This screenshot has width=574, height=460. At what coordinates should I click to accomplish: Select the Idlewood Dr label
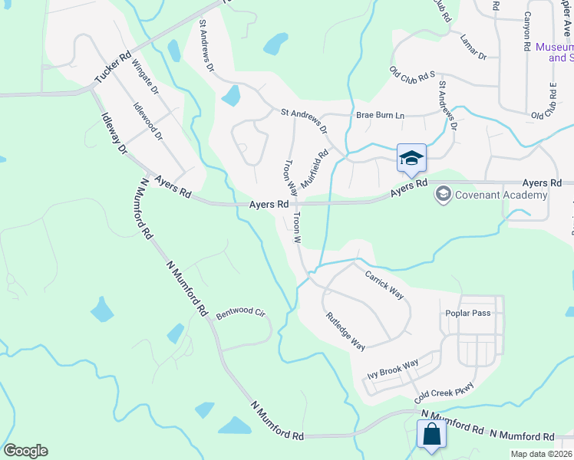pos(148,123)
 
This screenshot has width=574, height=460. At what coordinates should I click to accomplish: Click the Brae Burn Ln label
pos(380,116)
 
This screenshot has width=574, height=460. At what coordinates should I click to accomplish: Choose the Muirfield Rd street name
pos(315,169)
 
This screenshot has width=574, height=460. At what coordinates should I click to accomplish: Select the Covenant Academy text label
pos(502,195)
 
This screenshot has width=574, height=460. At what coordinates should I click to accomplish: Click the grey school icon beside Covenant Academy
pos(443,195)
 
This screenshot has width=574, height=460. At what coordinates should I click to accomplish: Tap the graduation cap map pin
pos(411,158)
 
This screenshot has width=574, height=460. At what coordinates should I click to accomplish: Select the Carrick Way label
pos(384,284)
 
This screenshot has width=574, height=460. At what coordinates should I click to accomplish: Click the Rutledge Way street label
pos(345,331)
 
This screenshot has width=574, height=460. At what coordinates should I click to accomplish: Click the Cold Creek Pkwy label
pos(444,394)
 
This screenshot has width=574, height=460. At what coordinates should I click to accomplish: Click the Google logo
pos(25,451)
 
